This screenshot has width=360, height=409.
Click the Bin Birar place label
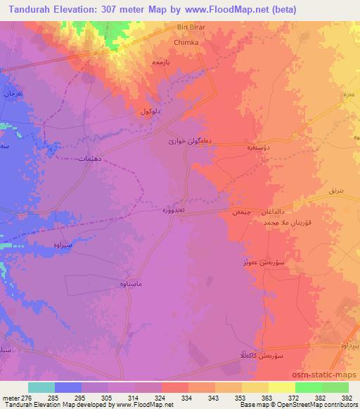point(190,27)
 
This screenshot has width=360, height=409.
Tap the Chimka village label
point(187,42)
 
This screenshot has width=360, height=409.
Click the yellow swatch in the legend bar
point(281,387)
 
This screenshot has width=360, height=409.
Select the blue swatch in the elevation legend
point(67,387)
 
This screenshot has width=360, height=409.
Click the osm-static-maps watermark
point(329,376)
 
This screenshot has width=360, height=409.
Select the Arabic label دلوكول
point(153,111)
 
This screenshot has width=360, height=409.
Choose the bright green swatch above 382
point(308,387)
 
